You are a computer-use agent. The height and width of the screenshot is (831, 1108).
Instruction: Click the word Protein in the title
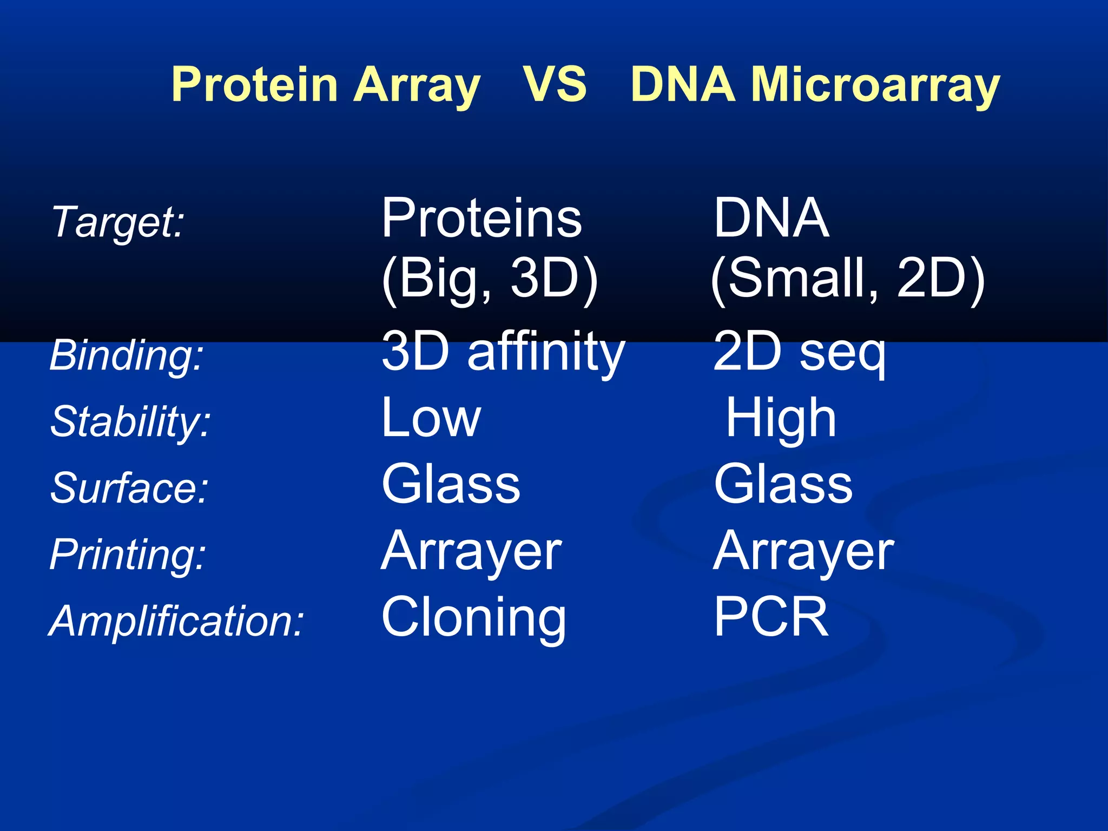[x=255, y=84]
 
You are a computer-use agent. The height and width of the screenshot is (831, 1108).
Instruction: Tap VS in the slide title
[x=555, y=84]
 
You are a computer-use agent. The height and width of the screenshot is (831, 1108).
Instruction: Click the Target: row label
[x=118, y=222]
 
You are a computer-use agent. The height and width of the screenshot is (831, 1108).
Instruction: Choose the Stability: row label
[x=130, y=421]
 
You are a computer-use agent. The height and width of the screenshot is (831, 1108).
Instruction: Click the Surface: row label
[x=129, y=487]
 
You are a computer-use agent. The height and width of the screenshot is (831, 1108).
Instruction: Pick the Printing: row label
[x=128, y=554]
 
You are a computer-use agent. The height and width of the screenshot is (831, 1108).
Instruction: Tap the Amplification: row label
[x=176, y=621]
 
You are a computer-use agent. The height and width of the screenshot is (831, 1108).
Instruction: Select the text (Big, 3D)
[x=490, y=278]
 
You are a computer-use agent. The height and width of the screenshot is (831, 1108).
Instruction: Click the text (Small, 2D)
[x=847, y=278]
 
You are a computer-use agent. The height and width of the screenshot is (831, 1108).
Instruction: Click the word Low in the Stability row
[x=431, y=418]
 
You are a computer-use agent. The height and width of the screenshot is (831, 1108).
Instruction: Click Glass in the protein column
[x=451, y=484]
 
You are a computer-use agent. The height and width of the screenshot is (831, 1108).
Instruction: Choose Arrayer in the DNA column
[x=803, y=551]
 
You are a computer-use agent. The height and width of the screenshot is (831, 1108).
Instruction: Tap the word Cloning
[x=474, y=617]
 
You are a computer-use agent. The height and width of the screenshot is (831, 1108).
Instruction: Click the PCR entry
[x=771, y=617]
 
